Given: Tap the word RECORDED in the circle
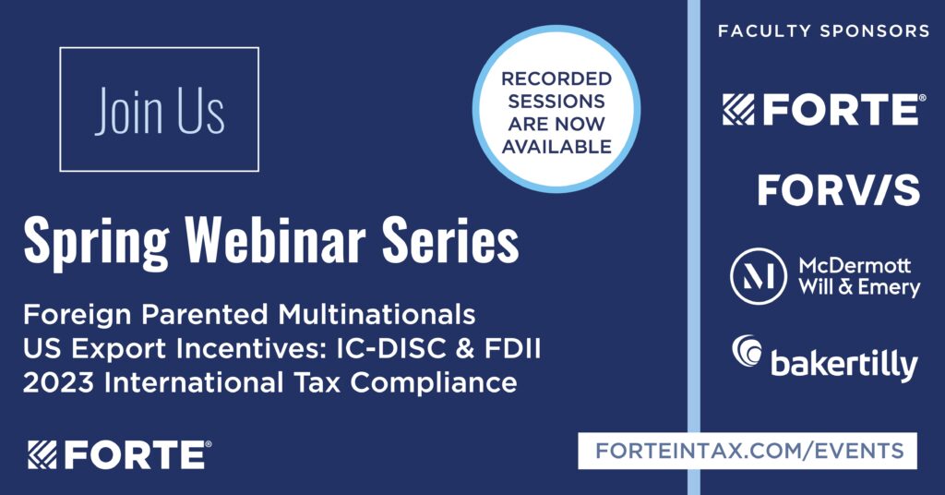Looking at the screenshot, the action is pyautogui.click(x=556, y=79).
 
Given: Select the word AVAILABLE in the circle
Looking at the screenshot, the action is pyautogui.click(x=556, y=147).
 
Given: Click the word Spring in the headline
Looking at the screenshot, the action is pyautogui.click(x=96, y=241).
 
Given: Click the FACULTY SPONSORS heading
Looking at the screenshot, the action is pyautogui.click(x=824, y=30).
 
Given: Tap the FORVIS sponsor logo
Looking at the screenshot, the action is pyautogui.click(x=838, y=190).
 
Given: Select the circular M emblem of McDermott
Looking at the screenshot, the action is pyautogui.click(x=759, y=276).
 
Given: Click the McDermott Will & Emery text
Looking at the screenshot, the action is pyautogui.click(x=859, y=276).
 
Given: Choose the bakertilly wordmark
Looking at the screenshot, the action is pyautogui.click(x=843, y=365).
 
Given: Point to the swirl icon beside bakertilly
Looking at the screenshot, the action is pyautogui.click(x=747, y=350).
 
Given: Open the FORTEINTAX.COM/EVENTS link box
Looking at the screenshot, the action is pyautogui.click(x=748, y=451).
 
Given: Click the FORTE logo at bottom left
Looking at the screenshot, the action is pyautogui.click(x=119, y=454).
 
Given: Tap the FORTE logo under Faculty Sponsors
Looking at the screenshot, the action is pyautogui.click(x=824, y=109).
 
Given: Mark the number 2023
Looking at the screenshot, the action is pyautogui.click(x=58, y=383).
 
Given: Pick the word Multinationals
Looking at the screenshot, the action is pyautogui.click(x=377, y=314).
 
